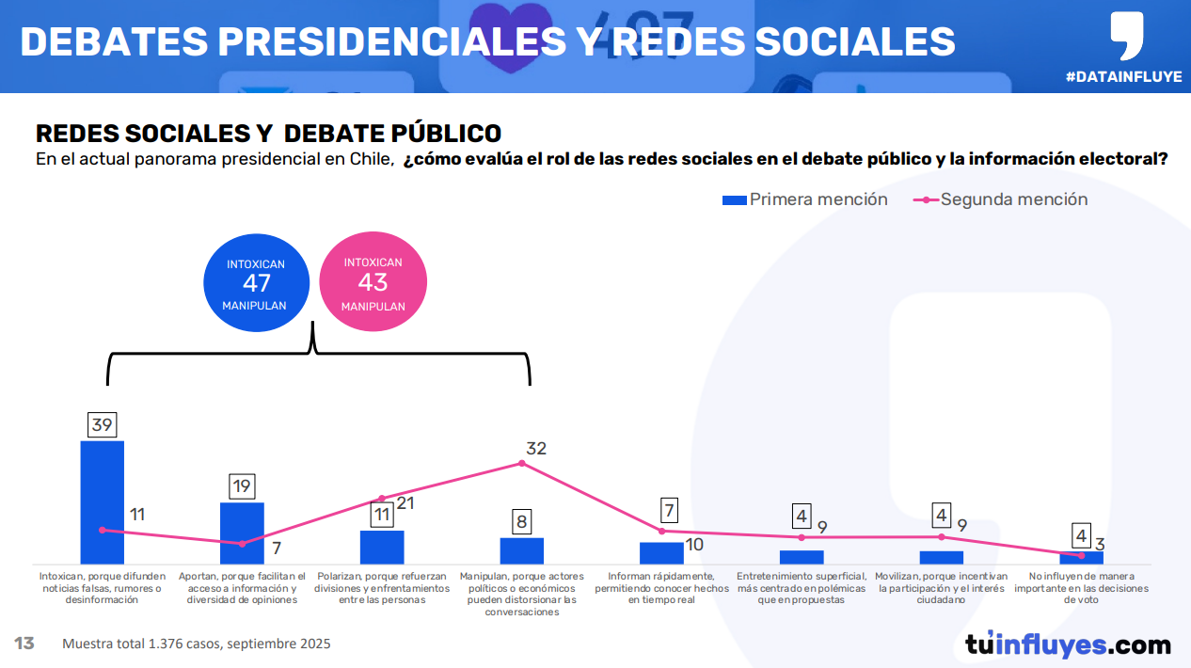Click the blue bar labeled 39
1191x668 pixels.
click(102, 501)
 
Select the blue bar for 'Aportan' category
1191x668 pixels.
click(242, 533)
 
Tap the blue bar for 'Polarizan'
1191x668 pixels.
click(382, 547)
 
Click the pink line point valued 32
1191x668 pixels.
click(522, 463)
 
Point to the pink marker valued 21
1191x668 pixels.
click(382, 498)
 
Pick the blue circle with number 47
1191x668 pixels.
click(257, 283)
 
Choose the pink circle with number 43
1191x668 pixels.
click(373, 283)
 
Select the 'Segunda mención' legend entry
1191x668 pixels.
click(1001, 199)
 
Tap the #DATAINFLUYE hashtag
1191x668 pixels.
click(1123, 77)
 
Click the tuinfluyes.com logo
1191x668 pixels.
click(1068, 644)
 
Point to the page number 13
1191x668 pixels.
click(24, 644)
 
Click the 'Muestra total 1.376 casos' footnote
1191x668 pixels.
click(197, 644)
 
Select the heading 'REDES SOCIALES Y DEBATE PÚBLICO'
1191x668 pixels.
click(268, 134)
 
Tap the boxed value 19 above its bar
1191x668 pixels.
click(242, 486)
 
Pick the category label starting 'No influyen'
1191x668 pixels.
click(1081, 588)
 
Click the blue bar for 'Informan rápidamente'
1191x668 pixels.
click(661, 552)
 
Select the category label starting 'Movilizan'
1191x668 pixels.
click(941, 588)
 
